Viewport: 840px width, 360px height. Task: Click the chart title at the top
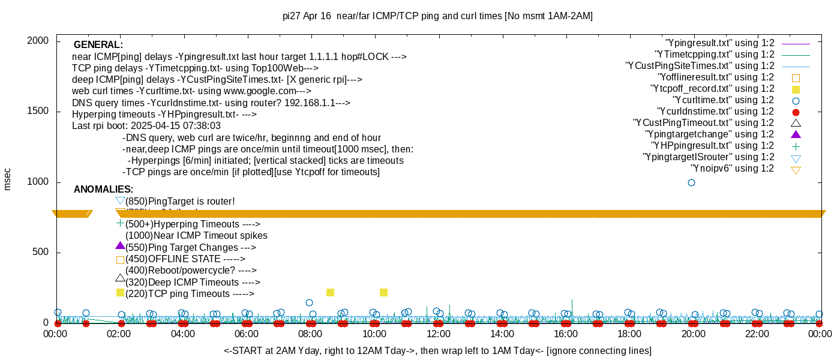(x=437, y=16)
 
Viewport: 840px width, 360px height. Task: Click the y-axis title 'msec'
(x=8, y=179)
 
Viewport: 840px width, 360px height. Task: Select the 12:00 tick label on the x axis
(x=438, y=334)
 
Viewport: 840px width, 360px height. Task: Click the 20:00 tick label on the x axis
(x=693, y=334)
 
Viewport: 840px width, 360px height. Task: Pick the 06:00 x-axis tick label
(x=247, y=334)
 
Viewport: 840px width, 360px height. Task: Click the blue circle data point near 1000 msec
(x=691, y=182)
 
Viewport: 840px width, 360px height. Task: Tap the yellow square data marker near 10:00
(x=384, y=293)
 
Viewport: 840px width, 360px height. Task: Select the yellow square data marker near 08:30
(x=330, y=293)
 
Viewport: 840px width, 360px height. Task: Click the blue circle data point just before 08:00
(x=309, y=303)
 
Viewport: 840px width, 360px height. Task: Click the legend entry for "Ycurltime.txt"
(x=724, y=100)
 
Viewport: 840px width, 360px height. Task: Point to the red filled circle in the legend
(x=796, y=112)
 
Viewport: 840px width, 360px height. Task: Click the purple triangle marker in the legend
(x=796, y=134)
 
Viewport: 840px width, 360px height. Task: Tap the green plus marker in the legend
(x=796, y=146)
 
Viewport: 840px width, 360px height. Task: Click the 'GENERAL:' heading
(x=98, y=45)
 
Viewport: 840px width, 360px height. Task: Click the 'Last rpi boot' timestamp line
(x=146, y=126)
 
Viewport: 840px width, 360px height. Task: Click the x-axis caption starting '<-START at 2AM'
(x=437, y=350)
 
